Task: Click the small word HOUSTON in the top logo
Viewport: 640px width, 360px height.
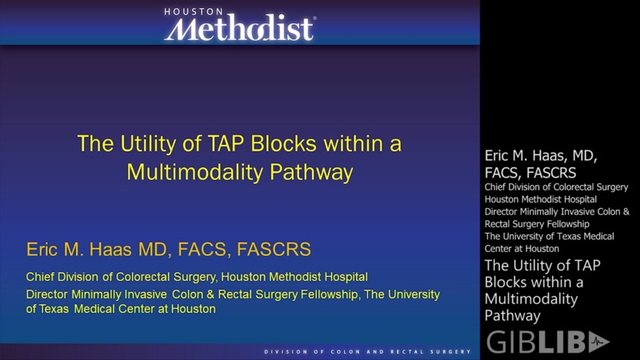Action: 194,12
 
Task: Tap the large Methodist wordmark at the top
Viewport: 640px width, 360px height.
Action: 239,30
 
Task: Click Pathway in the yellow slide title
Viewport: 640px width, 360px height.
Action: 309,171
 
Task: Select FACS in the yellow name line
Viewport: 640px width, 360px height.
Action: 202,250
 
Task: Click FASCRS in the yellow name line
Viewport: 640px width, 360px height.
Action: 274,250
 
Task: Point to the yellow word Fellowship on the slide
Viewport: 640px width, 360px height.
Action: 332,294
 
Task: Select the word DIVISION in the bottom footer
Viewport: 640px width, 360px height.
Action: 286,353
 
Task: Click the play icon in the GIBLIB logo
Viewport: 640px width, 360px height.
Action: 599,342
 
